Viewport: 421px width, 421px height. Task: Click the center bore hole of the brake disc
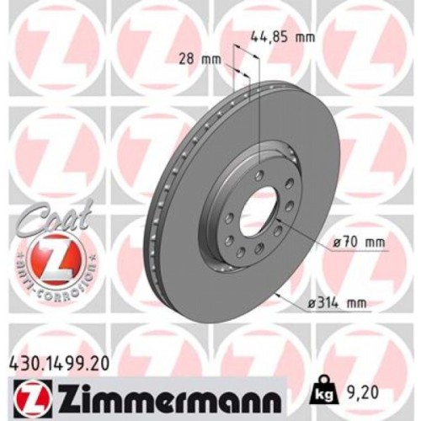258,216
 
